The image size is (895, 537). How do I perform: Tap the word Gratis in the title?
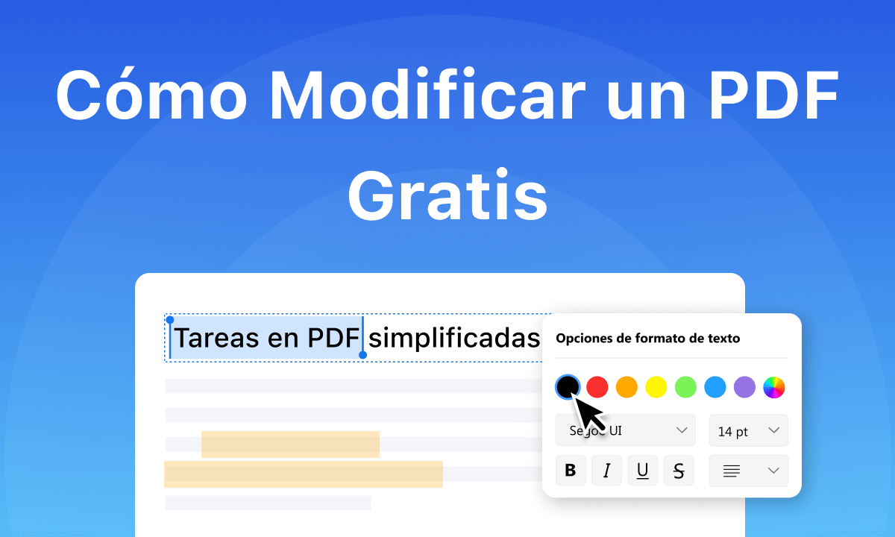tap(447, 195)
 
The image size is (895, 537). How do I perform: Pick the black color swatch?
tap(568, 386)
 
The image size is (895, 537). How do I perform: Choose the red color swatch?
tap(597, 387)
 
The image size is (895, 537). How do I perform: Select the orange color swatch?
tap(626, 387)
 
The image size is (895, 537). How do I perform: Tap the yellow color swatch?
tap(656, 387)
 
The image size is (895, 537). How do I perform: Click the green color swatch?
tap(685, 387)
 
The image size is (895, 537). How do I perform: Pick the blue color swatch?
tap(715, 387)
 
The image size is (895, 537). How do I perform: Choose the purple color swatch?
tap(744, 387)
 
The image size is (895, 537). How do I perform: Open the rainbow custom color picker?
tap(774, 387)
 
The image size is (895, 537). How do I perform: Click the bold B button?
tap(571, 471)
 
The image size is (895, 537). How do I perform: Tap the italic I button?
tap(607, 471)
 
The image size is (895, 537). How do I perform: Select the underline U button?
tap(642, 471)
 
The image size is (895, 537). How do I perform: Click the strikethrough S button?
tap(679, 471)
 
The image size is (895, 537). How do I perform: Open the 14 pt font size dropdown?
tap(748, 431)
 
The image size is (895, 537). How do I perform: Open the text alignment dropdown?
tap(748, 471)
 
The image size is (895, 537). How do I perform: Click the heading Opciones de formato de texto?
tap(647, 338)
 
